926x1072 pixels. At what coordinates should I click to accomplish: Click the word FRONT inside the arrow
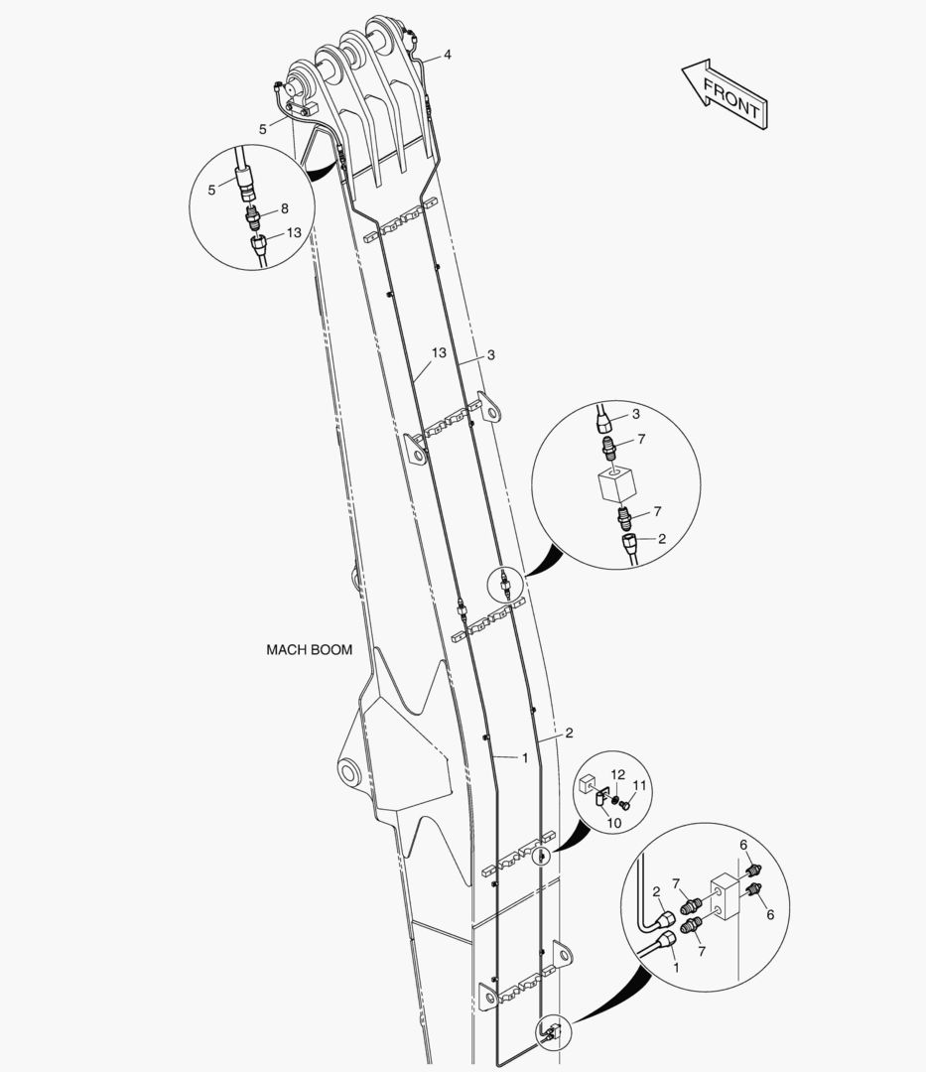(x=731, y=97)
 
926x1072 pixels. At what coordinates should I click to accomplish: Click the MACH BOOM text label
(x=310, y=649)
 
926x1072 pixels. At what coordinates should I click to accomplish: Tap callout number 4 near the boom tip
(x=448, y=55)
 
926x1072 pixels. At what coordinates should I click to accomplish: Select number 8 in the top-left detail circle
(x=284, y=208)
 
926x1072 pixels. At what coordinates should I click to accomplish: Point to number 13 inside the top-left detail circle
(x=294, y=233)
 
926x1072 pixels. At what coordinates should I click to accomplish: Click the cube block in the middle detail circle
(x=617, y=485)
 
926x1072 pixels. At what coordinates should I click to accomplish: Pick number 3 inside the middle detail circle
(x=636, y=414)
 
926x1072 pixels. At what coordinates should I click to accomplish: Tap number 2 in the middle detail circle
(x=662, y=539)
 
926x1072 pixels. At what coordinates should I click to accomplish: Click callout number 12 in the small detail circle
(x=617, y=774)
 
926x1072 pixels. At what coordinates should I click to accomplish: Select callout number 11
(x=639, y=785)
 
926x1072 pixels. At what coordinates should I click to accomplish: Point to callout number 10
(x=614, y=823)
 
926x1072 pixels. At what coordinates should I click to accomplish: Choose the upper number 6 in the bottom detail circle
(x=743, y=845)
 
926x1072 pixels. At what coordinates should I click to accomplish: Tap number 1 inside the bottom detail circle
(x=677, y=968)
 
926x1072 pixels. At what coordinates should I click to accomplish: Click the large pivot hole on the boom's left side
(x=350, y=773)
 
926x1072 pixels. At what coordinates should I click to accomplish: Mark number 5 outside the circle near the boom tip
(x=262, y=129)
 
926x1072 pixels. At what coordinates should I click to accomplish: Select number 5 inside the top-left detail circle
(x=211, y=190)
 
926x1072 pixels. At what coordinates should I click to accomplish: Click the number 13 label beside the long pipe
(x=439, y=352)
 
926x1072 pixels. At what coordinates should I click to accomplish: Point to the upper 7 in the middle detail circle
(x=641, y=440)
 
